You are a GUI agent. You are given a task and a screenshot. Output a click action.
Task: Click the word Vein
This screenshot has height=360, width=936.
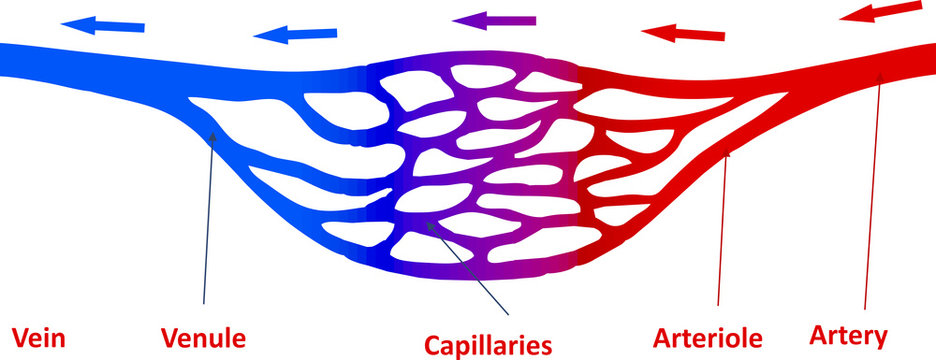coord(38,338)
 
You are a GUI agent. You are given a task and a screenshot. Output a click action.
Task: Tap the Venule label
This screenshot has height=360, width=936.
coord(204,338)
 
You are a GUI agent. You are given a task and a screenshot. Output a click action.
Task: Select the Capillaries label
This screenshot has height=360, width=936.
coord(488,346)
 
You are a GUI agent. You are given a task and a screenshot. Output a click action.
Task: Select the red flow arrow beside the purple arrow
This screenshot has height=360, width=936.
coord(683,34)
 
